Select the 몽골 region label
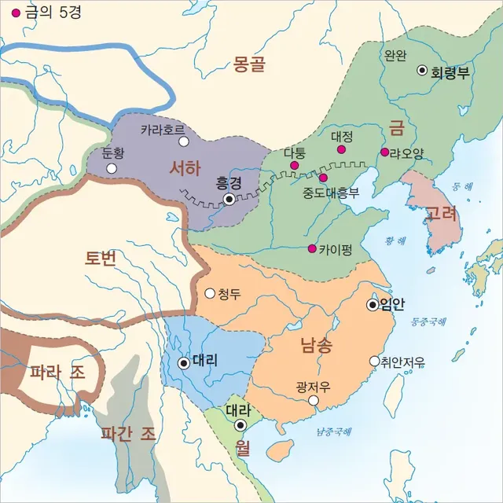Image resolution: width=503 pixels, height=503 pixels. pos(250,64)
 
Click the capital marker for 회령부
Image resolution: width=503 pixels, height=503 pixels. pos(422,70)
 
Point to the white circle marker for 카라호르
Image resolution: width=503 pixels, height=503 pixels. pos(184,141)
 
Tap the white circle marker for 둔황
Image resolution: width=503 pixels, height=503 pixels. pos(112,168)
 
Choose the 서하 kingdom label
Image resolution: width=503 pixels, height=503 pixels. pos(185,167)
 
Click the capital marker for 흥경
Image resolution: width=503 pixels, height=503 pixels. pos(229,200)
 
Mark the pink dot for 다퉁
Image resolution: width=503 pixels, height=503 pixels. pos(294,166)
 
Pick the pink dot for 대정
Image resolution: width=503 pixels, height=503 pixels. pos(340,149)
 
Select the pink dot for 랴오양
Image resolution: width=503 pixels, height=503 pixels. pos(384,152)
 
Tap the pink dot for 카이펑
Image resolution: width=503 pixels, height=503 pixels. pos(313,249)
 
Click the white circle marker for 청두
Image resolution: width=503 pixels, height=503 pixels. pos(210,293)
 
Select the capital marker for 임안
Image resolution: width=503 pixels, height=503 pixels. pos(373,305)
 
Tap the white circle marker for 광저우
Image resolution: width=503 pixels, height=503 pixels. pos(314,401)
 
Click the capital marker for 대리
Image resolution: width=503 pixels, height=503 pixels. pos(184,363)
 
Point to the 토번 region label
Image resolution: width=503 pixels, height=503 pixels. pos(101,256)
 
